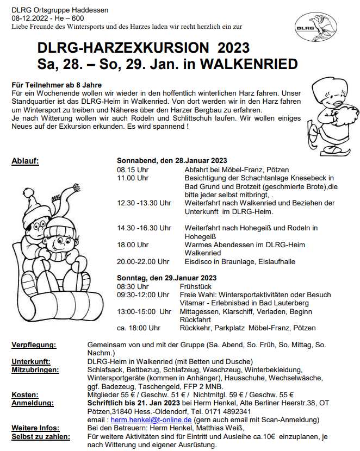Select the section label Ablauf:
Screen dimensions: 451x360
point(25,161)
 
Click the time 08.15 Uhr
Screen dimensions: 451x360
point(133,170)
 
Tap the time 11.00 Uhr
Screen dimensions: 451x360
point(133,178)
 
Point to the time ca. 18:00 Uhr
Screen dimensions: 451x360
point(138,328)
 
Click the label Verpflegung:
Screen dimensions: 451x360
point(34,345)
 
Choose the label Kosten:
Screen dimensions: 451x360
point(24,394)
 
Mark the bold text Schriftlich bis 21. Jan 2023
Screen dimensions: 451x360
point(133,403)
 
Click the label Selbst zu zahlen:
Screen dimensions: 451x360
point(40,436)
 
